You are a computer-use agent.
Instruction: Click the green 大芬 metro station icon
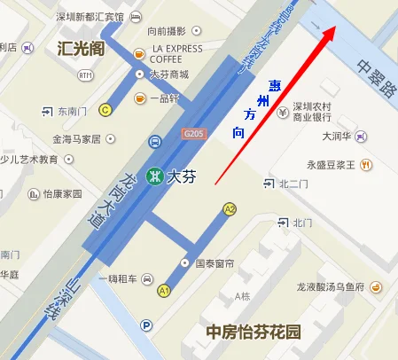point(156,176)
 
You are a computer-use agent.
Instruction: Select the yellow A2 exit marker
point(230,209)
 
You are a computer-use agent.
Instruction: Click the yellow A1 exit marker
point(164,290)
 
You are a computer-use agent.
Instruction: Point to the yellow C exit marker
point(105,110)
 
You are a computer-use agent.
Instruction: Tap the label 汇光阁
point(80,49)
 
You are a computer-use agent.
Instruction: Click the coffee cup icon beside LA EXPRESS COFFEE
point(139,54)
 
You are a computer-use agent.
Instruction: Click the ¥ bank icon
point(283,113)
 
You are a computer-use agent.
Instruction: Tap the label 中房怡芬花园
point(254,333)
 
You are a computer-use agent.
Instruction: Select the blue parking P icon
point(147,326)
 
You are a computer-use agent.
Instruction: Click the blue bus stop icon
point(155,141)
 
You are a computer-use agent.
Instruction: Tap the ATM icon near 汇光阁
point(85,75)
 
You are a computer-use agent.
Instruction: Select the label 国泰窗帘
point(213,263)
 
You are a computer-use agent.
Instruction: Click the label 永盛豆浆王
point(331,165)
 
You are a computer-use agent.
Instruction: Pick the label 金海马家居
point(76,139)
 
